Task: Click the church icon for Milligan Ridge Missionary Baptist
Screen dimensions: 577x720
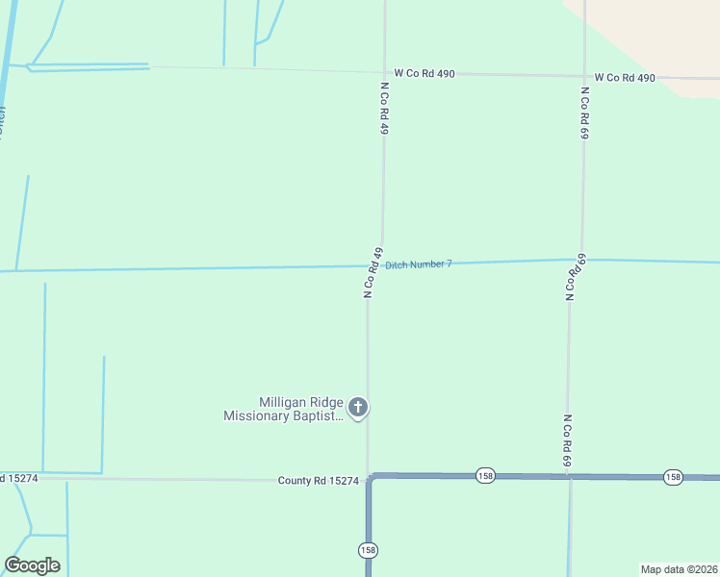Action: pyautogui.click(x=357, y=408)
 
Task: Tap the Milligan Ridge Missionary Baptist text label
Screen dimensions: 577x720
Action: pyautogui.click(x=283, y=410)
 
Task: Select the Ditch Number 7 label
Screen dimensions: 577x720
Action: pyautogui.click(x=418, y=263)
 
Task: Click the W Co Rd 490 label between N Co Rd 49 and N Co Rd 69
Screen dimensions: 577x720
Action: pyautogui.click(x=424, y=73)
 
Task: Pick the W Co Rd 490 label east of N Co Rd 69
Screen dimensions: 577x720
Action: pyautogui.click(x=625, y=77)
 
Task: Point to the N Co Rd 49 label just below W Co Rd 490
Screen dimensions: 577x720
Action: pyautogui.click(x=384, y=107)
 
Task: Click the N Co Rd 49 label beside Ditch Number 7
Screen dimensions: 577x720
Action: pyautogui.click(x=373, y=273)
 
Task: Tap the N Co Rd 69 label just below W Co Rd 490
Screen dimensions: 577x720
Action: pyautogui.click(x=583, y=113)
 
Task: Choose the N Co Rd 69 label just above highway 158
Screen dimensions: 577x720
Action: pyautogui.click(x=568, y=442)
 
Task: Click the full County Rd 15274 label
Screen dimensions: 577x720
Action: pyautogui.click(x=318, y=480)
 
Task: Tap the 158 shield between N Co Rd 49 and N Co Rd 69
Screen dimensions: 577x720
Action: pyautogui.click(x=485, y=476)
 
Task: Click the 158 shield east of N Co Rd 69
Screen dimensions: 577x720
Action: pyautogui.click(x=672, y=477)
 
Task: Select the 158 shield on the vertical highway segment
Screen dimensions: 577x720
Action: pyautogui.click(x=368, y=550)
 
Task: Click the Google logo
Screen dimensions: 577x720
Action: pyautogui.click(x=32, y=565)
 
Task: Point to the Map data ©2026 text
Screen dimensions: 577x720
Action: pyautogui.click(x=678, y=569)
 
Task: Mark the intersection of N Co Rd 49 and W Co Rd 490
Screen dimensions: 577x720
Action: pyautogui.click(x=385, y=73)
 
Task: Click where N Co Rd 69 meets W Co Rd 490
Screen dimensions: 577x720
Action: pyautogui.click(x=584, y=76)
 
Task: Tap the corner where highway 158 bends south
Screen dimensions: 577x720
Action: pyautogui.click(x=369, y=476)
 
